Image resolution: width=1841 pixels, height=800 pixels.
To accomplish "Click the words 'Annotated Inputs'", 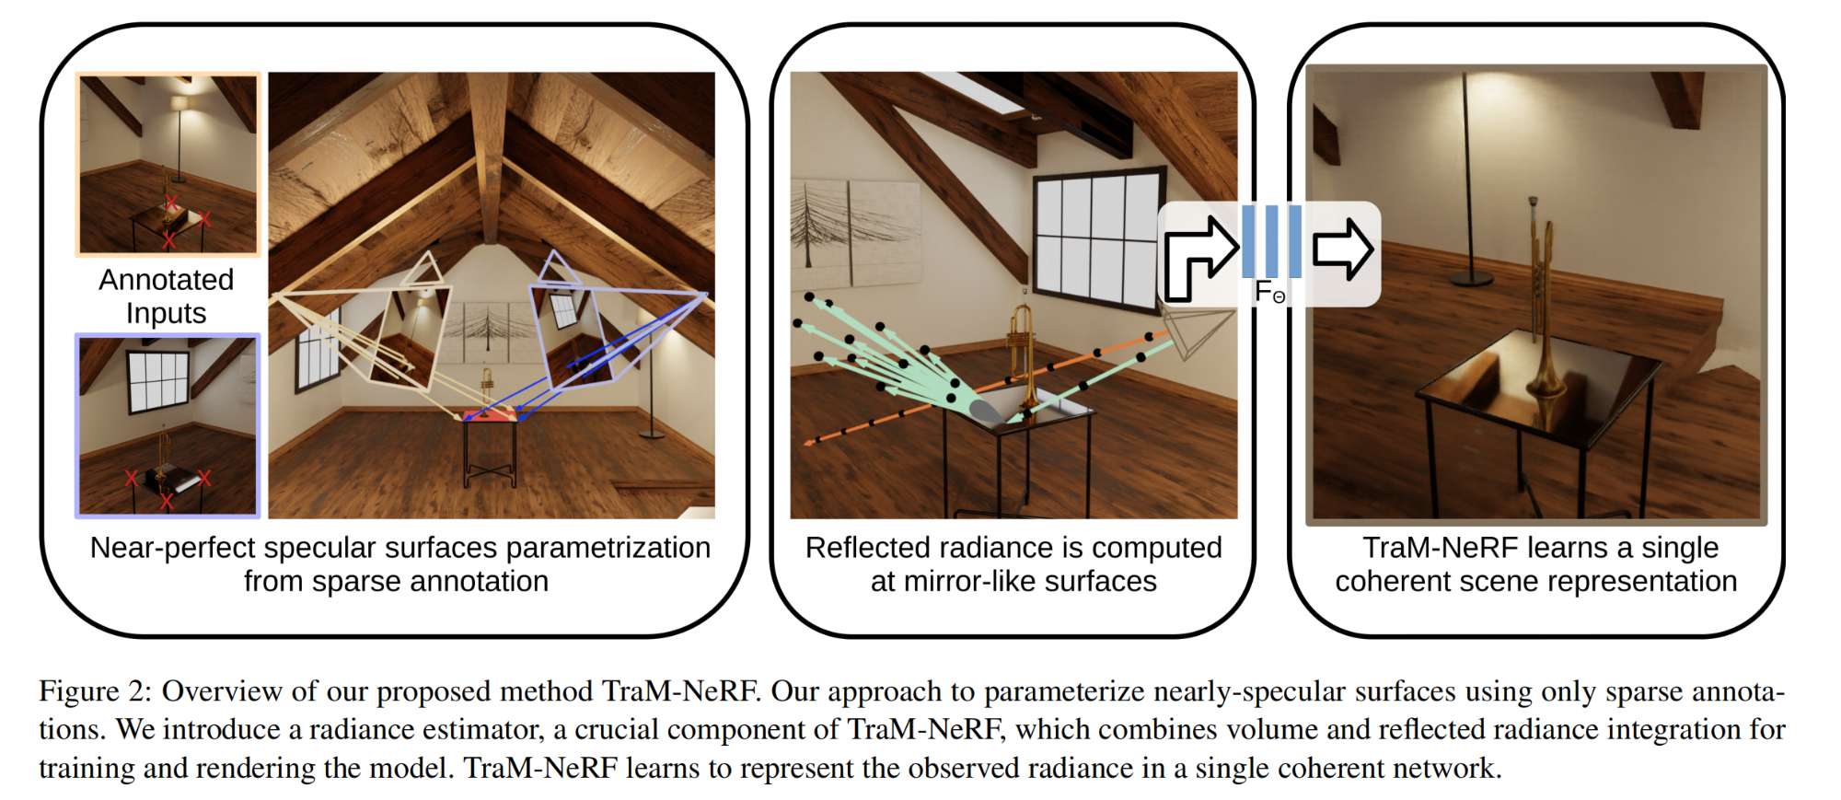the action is pos(166,296).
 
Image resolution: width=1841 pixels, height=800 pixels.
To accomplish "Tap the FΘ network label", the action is pos(1270,293).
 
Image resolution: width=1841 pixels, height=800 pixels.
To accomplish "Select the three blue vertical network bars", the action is pos(1271,241).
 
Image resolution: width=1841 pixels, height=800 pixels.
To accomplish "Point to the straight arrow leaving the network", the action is pos(1343,249).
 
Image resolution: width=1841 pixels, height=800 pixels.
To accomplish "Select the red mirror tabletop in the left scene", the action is pos(490,416).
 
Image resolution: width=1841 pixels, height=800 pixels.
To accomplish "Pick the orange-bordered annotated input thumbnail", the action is pos(168,164).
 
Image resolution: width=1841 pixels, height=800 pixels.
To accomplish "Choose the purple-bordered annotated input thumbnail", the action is pos(168,425).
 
